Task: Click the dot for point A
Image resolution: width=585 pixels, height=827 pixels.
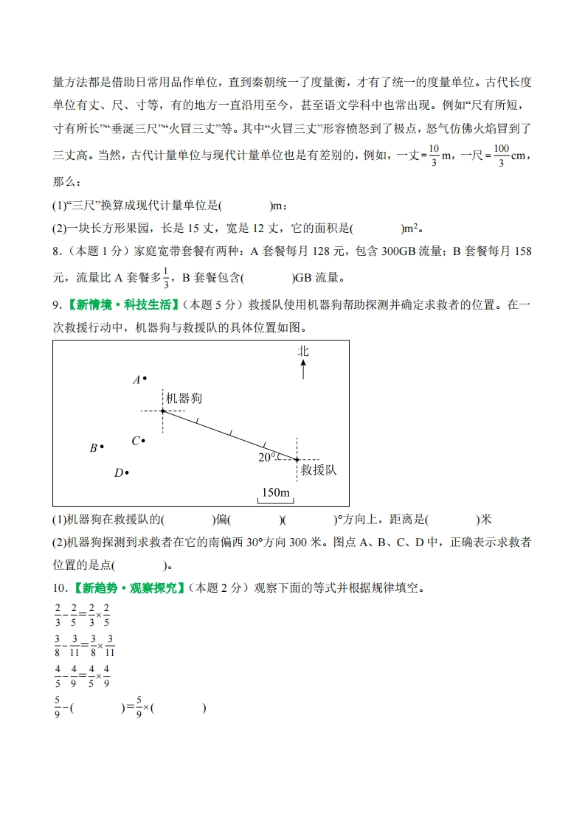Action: pyautogui.click(x=145, y=379)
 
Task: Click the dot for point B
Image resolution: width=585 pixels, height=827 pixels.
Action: pyautogui.click(x=102, y=446)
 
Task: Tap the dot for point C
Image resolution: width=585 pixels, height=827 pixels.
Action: pyautogui.click(x=143, y=441)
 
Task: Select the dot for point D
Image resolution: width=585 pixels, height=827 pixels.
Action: pyautogui.click(x=128, y=472)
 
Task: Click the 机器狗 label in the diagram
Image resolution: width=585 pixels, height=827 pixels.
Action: pyautogui.click(x=184, y=398)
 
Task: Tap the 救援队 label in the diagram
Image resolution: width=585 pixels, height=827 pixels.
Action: pyautogui.click(x=318, y=470)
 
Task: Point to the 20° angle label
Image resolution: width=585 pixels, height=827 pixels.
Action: pyautogui.click(x=266, y=457)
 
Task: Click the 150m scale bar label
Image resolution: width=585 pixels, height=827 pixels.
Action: pyautogui.click(x=275, y=492)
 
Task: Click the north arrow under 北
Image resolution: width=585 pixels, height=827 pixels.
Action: pyautogui.click(x=303, y=369)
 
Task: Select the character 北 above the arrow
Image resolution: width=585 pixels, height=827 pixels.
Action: pyautogui.click(x=303, y=351)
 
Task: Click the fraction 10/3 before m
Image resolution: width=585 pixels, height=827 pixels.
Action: pyautogui.click(x=434, y=156)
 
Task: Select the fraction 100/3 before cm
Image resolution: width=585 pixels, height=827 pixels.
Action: pyautogui.click(x=502, y=156)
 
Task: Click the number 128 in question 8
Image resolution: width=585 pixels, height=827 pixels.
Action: pyautogui.click(x=322, y=251)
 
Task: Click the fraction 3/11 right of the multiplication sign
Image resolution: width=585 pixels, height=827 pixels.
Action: pyautogui.click(x=110, y=645)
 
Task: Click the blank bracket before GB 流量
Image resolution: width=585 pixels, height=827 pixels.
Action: pyautogui.click(x=266, y=278)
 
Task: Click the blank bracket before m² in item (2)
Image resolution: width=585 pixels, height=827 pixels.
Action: pyautogui.click(x=376, y=228)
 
